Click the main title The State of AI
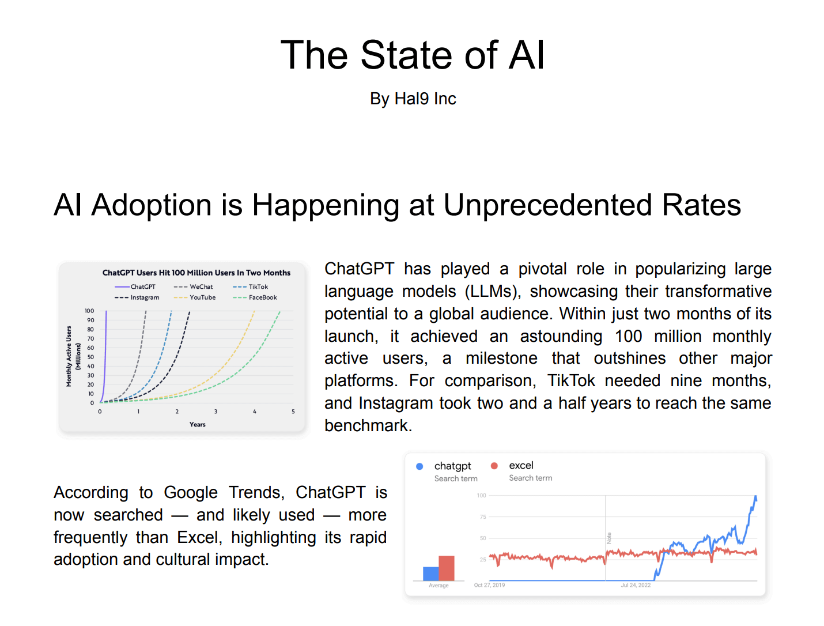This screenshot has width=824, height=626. click(x=412, y=55)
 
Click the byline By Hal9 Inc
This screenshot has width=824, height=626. click(x=413, y=99)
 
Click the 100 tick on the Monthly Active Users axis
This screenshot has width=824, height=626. click(x=89, y=311)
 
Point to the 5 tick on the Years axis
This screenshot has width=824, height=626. click(x=293, y=412)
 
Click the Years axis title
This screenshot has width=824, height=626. click(x=197, y=424)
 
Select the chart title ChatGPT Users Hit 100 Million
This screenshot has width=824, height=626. click(x=196, y=273)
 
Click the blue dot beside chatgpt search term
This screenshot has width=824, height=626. click(x=419, y=466)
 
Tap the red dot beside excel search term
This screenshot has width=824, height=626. click(x=494, y=466)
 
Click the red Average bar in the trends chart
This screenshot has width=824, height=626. click(x=447, y=568)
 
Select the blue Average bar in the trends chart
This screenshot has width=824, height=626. click(x=430, y=574)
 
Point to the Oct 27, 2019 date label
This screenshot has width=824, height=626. click(x=489, y=585)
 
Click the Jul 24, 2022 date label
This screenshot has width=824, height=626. click(x=636, y=585)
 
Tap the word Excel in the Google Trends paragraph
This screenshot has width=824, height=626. click(x=198, y=537)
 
